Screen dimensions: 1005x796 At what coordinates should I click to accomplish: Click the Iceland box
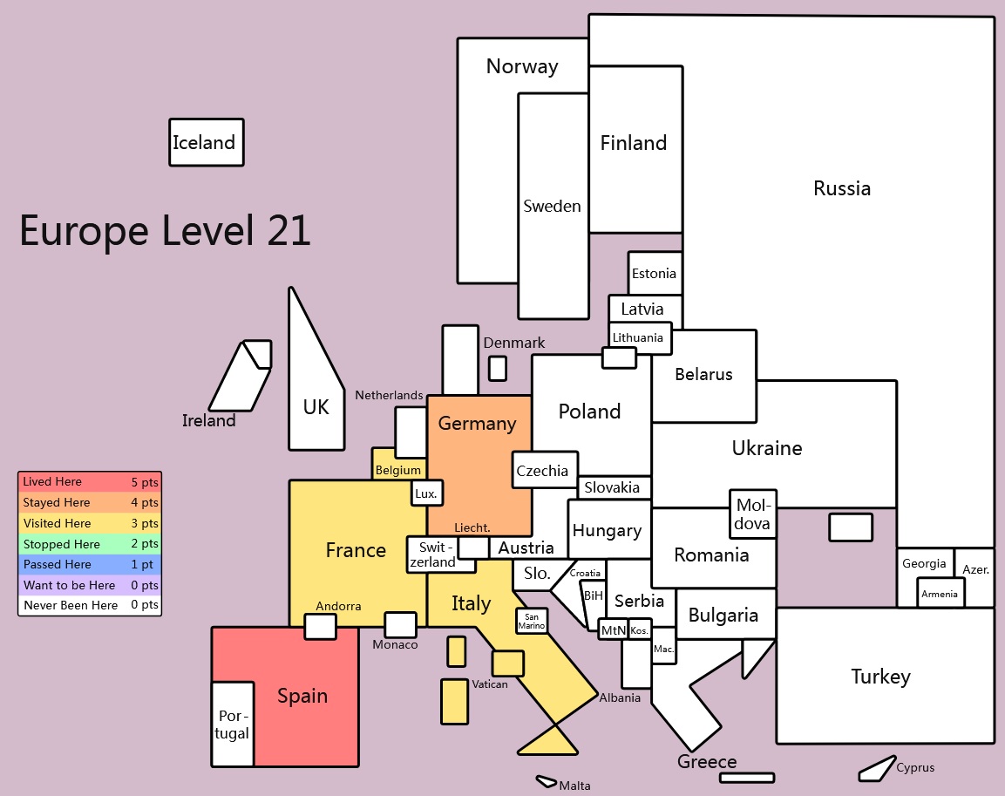click(207, 142)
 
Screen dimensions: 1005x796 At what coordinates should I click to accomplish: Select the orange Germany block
click(479, 466)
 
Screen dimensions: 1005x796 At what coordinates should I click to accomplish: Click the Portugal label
click(232, 725)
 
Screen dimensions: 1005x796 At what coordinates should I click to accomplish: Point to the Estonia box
click(655, 273)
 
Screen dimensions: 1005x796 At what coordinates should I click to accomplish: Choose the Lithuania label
click(638, 337)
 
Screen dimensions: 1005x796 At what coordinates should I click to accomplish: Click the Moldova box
click(753, 514)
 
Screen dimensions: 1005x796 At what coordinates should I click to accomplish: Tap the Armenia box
click(940, 594)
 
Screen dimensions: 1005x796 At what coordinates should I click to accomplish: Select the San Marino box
click(532, 621)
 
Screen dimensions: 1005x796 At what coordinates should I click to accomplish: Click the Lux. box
click(427, 493)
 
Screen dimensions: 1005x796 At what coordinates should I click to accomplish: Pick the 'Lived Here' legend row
click(90, 482)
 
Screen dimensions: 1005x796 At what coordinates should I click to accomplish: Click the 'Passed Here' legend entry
click(90, 565)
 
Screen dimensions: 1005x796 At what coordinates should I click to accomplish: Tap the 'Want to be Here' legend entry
click(90, 585)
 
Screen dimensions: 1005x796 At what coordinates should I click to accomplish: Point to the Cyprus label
click(915, 767)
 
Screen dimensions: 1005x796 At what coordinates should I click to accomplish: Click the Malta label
click(575, 786)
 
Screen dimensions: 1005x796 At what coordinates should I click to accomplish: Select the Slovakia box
click(614, 487)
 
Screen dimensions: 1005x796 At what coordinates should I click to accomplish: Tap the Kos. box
click(640, 630)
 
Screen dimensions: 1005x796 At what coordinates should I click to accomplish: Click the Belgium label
click(398, 470)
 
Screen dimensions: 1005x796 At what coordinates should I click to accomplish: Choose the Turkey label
click(880, 677)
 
